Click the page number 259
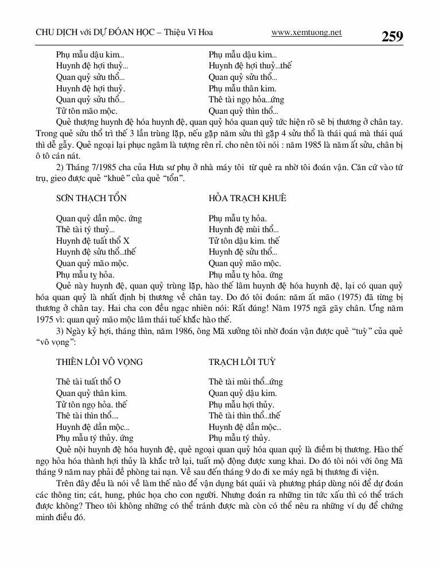click(x=392, y=36)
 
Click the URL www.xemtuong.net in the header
click(x=306, y=33)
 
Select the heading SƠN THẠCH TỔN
click(x=91, y=198)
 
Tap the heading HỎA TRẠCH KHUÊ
click(x=247, y=198)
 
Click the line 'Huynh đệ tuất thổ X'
click(x=93, y=241)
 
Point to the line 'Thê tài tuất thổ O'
click(x=88, y=382)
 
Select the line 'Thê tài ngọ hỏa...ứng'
click(x=246, y=99)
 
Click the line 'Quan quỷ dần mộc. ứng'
click(x=99, y=218)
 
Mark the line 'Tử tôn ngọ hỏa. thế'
click(x=91, y=404)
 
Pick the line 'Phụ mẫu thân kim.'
click(x=242, y=89)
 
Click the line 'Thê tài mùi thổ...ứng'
click(x=246, y=382)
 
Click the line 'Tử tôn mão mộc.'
click(x=87, y=111)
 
